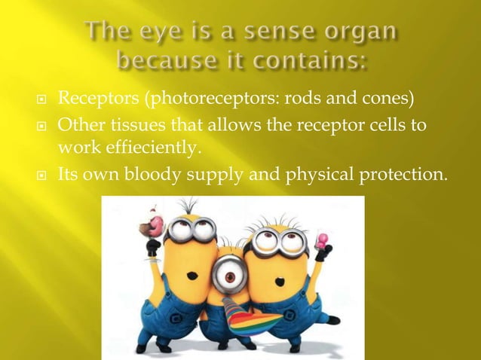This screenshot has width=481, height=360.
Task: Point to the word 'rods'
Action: [291, 99]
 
